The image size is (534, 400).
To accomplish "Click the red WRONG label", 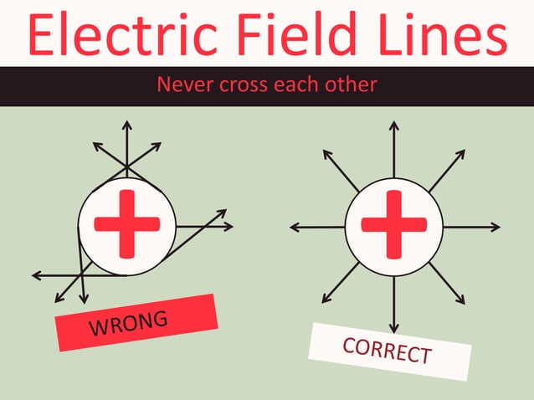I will pos(136,322).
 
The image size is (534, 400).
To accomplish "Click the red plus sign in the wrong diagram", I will pos(126,224).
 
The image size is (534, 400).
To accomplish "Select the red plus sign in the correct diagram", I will pos(393,224).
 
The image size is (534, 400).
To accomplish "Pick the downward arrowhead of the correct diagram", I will pos(393,328).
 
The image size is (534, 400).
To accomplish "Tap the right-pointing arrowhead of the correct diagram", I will pos(495,226).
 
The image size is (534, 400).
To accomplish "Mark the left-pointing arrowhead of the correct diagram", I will pos(294,226).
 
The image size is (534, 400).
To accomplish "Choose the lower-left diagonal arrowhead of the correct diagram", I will pos(326,297).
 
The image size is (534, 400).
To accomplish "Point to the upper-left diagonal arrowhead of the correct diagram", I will pos(326,155).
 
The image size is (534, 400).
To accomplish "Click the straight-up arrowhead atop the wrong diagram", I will pos(126,126).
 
